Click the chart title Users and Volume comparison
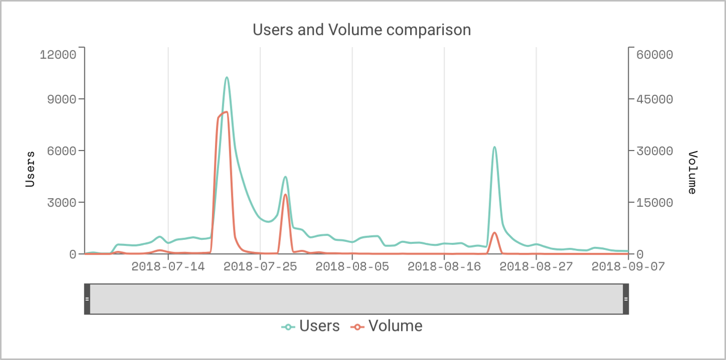tap(362, 30)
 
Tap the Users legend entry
tap(311, 326)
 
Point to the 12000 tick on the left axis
tap(58, 54)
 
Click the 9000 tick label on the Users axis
tap(61, 99)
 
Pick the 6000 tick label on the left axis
tap(61, 151)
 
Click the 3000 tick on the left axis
tap(61, 203)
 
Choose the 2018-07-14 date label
tap(168, 267)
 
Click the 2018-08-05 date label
tap(352, 267)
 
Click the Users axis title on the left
tap(30, 169)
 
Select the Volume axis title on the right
tap(693, 172)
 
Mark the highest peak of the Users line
tap(227, 78)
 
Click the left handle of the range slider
tap(87, 299)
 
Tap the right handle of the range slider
tap(626, 299)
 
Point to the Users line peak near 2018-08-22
tap(494, 147)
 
